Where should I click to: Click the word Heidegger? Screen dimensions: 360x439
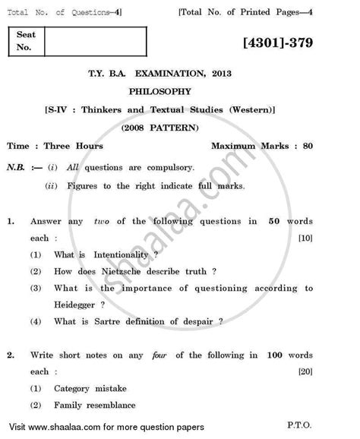[x=80, y=305]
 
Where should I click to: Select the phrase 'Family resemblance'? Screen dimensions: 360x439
[x=94, y=405]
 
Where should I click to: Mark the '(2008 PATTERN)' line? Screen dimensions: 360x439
[x=179, y=126]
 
